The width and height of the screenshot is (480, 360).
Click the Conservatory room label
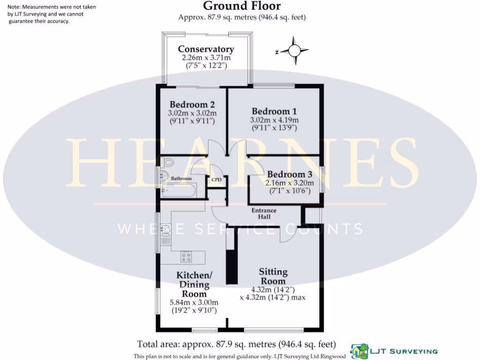tap(206, 49)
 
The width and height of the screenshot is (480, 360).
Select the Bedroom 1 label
tap(274, 111)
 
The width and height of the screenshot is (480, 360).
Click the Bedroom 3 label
tap(290, 174)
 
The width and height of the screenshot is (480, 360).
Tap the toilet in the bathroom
tap(168, 163)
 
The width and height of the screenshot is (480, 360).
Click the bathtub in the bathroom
tap(178, 191)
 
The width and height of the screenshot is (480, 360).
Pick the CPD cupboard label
tap(217, 180)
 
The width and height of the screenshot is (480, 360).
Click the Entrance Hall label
tap(264, 214)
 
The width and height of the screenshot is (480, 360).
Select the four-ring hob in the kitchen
tap(186, 256)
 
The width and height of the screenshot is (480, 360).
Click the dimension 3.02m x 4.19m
tap(274, 120)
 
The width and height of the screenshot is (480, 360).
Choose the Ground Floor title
tap(241, 6)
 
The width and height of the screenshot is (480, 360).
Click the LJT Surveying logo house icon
tap(360, 350)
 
